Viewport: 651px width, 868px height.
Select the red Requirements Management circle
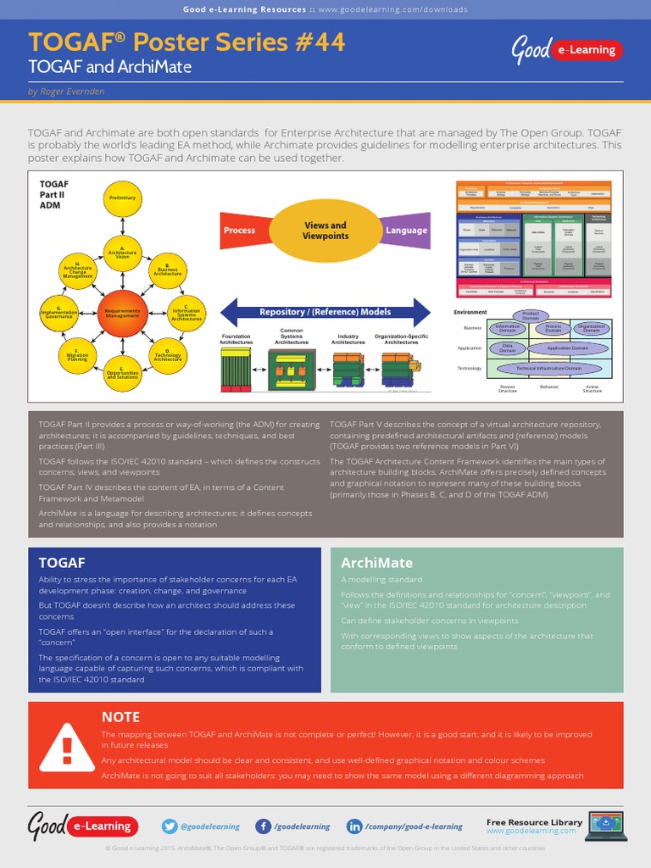point(123,312)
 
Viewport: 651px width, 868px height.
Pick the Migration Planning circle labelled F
point(78,355)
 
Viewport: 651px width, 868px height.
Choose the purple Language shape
point(405,231)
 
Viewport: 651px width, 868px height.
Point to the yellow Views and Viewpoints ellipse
point(325,231)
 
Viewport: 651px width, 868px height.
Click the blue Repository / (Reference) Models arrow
point(325,312)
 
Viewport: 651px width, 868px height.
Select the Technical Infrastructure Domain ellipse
point(548,369)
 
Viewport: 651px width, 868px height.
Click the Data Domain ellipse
point(507,348)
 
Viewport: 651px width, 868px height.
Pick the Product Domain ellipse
point(530,315)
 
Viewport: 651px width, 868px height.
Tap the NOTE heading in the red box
point(120,717)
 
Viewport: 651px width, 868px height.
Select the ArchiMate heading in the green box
point(376,563)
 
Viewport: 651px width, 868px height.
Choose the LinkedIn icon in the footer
point(353,826)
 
